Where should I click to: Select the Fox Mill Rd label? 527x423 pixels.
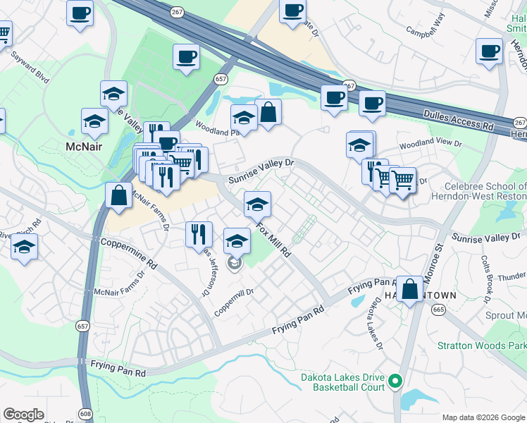pyautogui.click(x=273, y=240)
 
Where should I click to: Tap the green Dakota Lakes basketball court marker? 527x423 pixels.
pyautogui.click(x=395, y=382)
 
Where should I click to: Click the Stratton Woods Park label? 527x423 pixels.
pyautogui.click(x=481, y=345)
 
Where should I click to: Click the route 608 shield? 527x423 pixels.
pyautogui.click(x=86, y=414)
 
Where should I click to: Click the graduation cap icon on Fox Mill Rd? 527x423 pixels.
pyautogui.click(x=258, y=204)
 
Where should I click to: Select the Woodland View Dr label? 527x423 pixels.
pyautogui.click(x=430, y=144)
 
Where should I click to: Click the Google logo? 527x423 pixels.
pyautogui.click(x=23, y=415)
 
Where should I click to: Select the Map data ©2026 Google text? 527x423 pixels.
pyautogui.click(x=483, y=417)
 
